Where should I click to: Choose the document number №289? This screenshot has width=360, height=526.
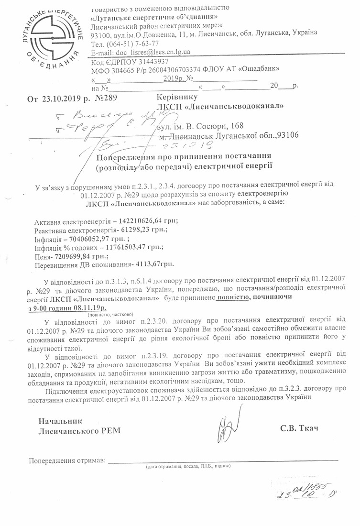point(107,99)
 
